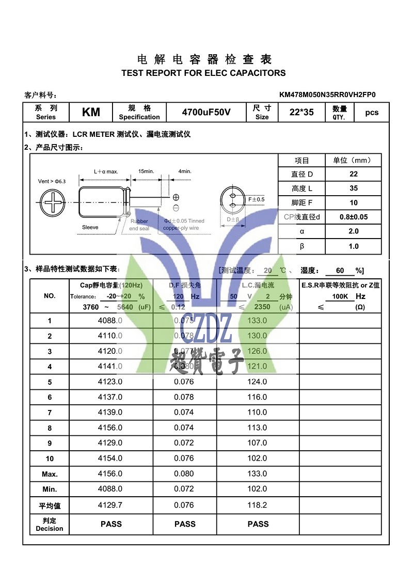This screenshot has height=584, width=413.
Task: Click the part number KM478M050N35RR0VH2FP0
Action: [x=327, y=94]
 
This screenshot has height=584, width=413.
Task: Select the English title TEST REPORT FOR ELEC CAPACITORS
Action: [x=203, y=73]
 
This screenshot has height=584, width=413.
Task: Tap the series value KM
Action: [x=91, y=113]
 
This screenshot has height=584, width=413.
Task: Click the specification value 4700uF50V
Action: [x=206, y=113]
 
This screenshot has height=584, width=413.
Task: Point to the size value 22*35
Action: [x=301, y=113]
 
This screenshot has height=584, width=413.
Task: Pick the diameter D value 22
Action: [x=353, y=174]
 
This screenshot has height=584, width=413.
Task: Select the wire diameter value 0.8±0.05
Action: [x=353, y=217]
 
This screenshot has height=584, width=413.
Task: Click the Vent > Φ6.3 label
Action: [x=53, y=181]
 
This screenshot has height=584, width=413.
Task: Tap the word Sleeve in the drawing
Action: [x=90, y=227]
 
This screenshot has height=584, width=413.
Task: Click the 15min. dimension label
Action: [x=146, y=171]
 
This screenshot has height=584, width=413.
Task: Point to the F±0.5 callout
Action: [x=256, y=199]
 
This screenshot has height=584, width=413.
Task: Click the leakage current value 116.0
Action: [x=258, y=397]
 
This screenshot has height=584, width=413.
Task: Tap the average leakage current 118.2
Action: [x=258, y=505]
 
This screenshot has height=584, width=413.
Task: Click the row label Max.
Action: [x=50, y=474]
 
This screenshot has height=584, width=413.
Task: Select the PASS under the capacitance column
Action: [x=111, y=524]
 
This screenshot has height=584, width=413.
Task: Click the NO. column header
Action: [x=50, y=296]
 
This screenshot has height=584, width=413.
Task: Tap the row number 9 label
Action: [x=50, y=443]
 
